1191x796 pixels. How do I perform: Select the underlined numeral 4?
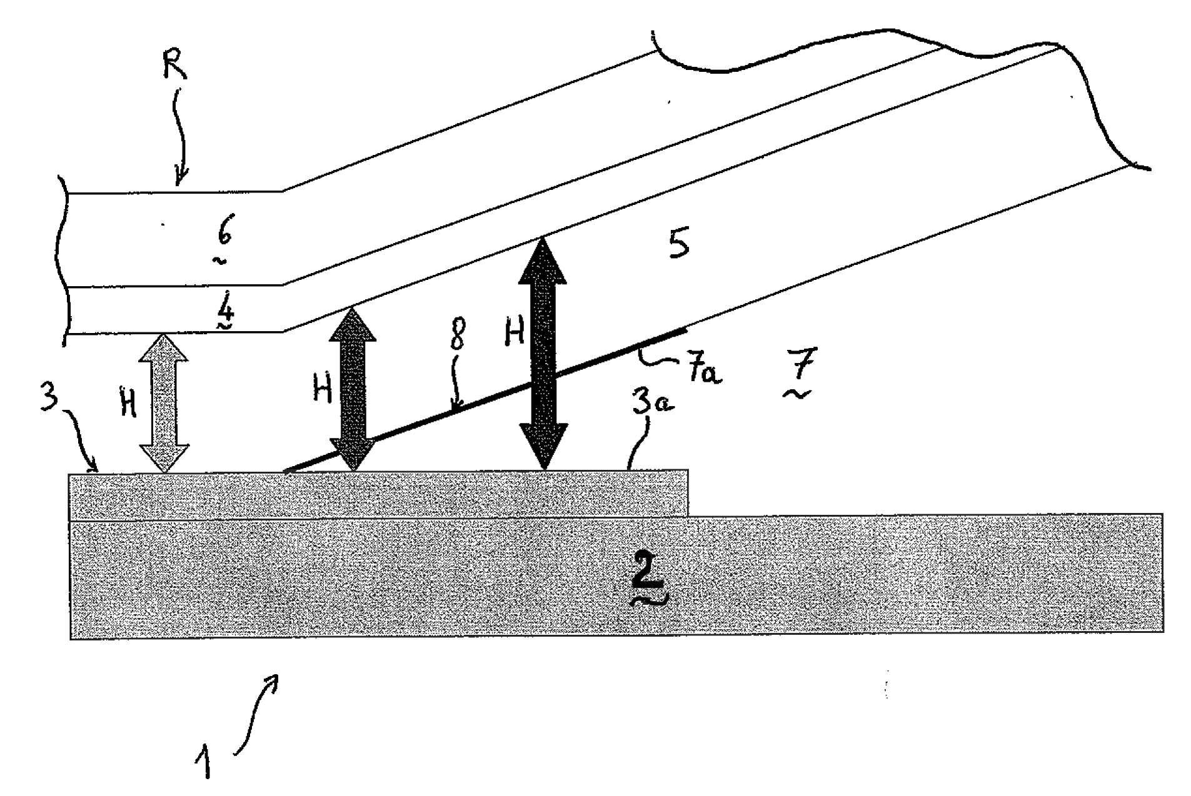(x=225, y=308)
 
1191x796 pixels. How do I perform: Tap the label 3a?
(x=652, y=402)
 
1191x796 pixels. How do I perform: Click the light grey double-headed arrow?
(x=163, y=402)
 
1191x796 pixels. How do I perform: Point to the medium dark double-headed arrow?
(x=353, y=389)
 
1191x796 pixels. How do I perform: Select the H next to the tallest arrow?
(x=514, y=334)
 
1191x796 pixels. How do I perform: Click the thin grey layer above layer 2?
(x=379, y=495)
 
